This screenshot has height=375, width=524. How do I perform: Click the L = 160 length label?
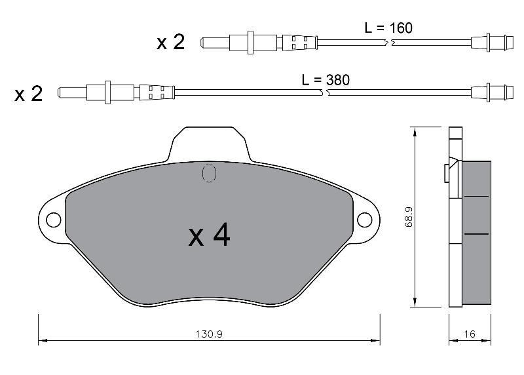click(388, 28)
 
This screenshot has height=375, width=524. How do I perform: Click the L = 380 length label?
click(326, 80)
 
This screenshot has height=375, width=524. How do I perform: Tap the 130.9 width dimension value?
click(209, 334)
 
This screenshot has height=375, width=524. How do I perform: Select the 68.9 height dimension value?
click(409, 217)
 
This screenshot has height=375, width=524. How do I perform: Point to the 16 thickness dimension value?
click(470, 334)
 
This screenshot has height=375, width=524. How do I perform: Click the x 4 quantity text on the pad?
click(209, 235)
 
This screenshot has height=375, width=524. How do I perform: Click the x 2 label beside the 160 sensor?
click(171, 43)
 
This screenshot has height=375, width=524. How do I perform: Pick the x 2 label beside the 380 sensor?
click(29, 94)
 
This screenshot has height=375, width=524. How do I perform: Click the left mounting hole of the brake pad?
click(54, 220)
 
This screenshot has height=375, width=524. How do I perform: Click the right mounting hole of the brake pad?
click(365, 220)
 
